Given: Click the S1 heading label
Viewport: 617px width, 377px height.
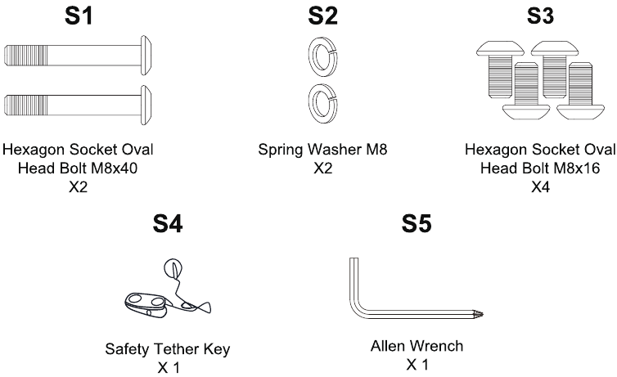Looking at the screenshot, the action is [x=79, y=16].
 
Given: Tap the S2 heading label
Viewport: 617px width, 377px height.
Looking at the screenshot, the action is [x=322, y=16].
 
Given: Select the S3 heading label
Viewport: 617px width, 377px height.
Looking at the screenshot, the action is [x=540, y=16].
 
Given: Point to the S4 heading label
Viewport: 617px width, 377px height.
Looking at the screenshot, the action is [x=168, y=224].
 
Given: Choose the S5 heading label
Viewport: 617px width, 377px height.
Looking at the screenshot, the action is [x=417, y=224].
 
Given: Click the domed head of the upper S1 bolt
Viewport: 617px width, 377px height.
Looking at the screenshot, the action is [x=146, y=55].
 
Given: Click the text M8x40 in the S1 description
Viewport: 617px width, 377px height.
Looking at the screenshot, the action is [x=114, y=168].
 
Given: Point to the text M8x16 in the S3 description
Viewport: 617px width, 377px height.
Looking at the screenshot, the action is [x=577, y=168].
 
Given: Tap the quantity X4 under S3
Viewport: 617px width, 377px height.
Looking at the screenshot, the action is [x=540, y=187].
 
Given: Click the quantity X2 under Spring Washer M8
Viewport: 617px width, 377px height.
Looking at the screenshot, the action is [x=322, y=168].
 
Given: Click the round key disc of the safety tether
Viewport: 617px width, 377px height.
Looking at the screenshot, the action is [x=173, y=267].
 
